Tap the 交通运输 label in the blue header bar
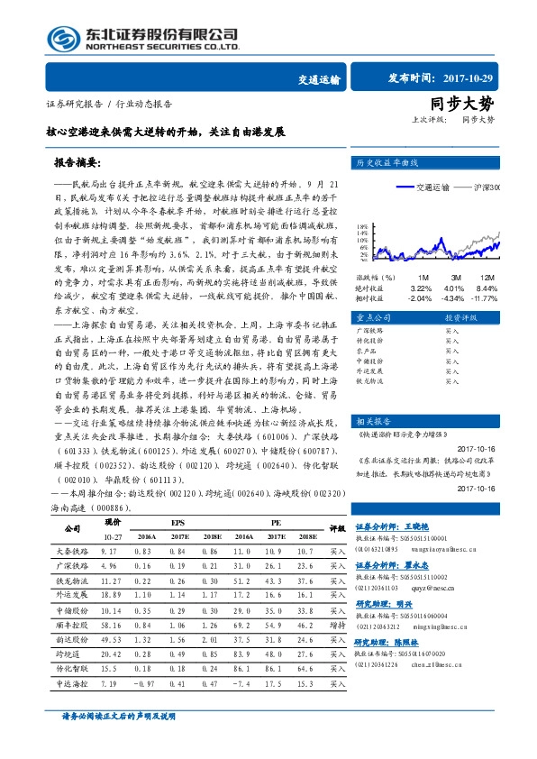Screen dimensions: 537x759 [320, 79]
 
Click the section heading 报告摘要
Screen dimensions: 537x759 [77, 163]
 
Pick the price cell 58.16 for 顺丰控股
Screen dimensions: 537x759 [113, 624]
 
